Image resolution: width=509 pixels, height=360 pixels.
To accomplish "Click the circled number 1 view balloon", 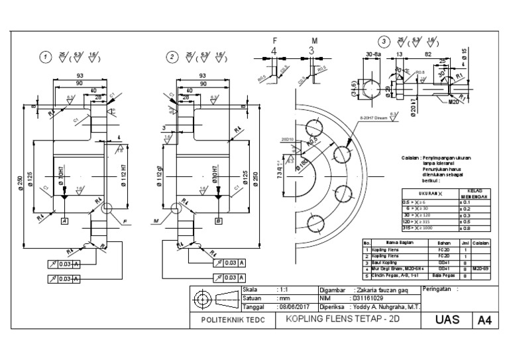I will (46, 57).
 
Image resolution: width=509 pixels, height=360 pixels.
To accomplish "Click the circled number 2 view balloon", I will (172, 57).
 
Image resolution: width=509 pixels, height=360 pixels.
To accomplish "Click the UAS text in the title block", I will (446, 320).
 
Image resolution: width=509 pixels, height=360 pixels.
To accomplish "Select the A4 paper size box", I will (485, 320).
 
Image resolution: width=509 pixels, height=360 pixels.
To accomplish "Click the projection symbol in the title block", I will (215, 298).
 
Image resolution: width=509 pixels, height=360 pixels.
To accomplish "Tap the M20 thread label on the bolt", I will (453, 102).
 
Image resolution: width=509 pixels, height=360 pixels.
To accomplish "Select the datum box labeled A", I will (64, 221).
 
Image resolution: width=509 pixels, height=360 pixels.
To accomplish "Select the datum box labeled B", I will (217, 221).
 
